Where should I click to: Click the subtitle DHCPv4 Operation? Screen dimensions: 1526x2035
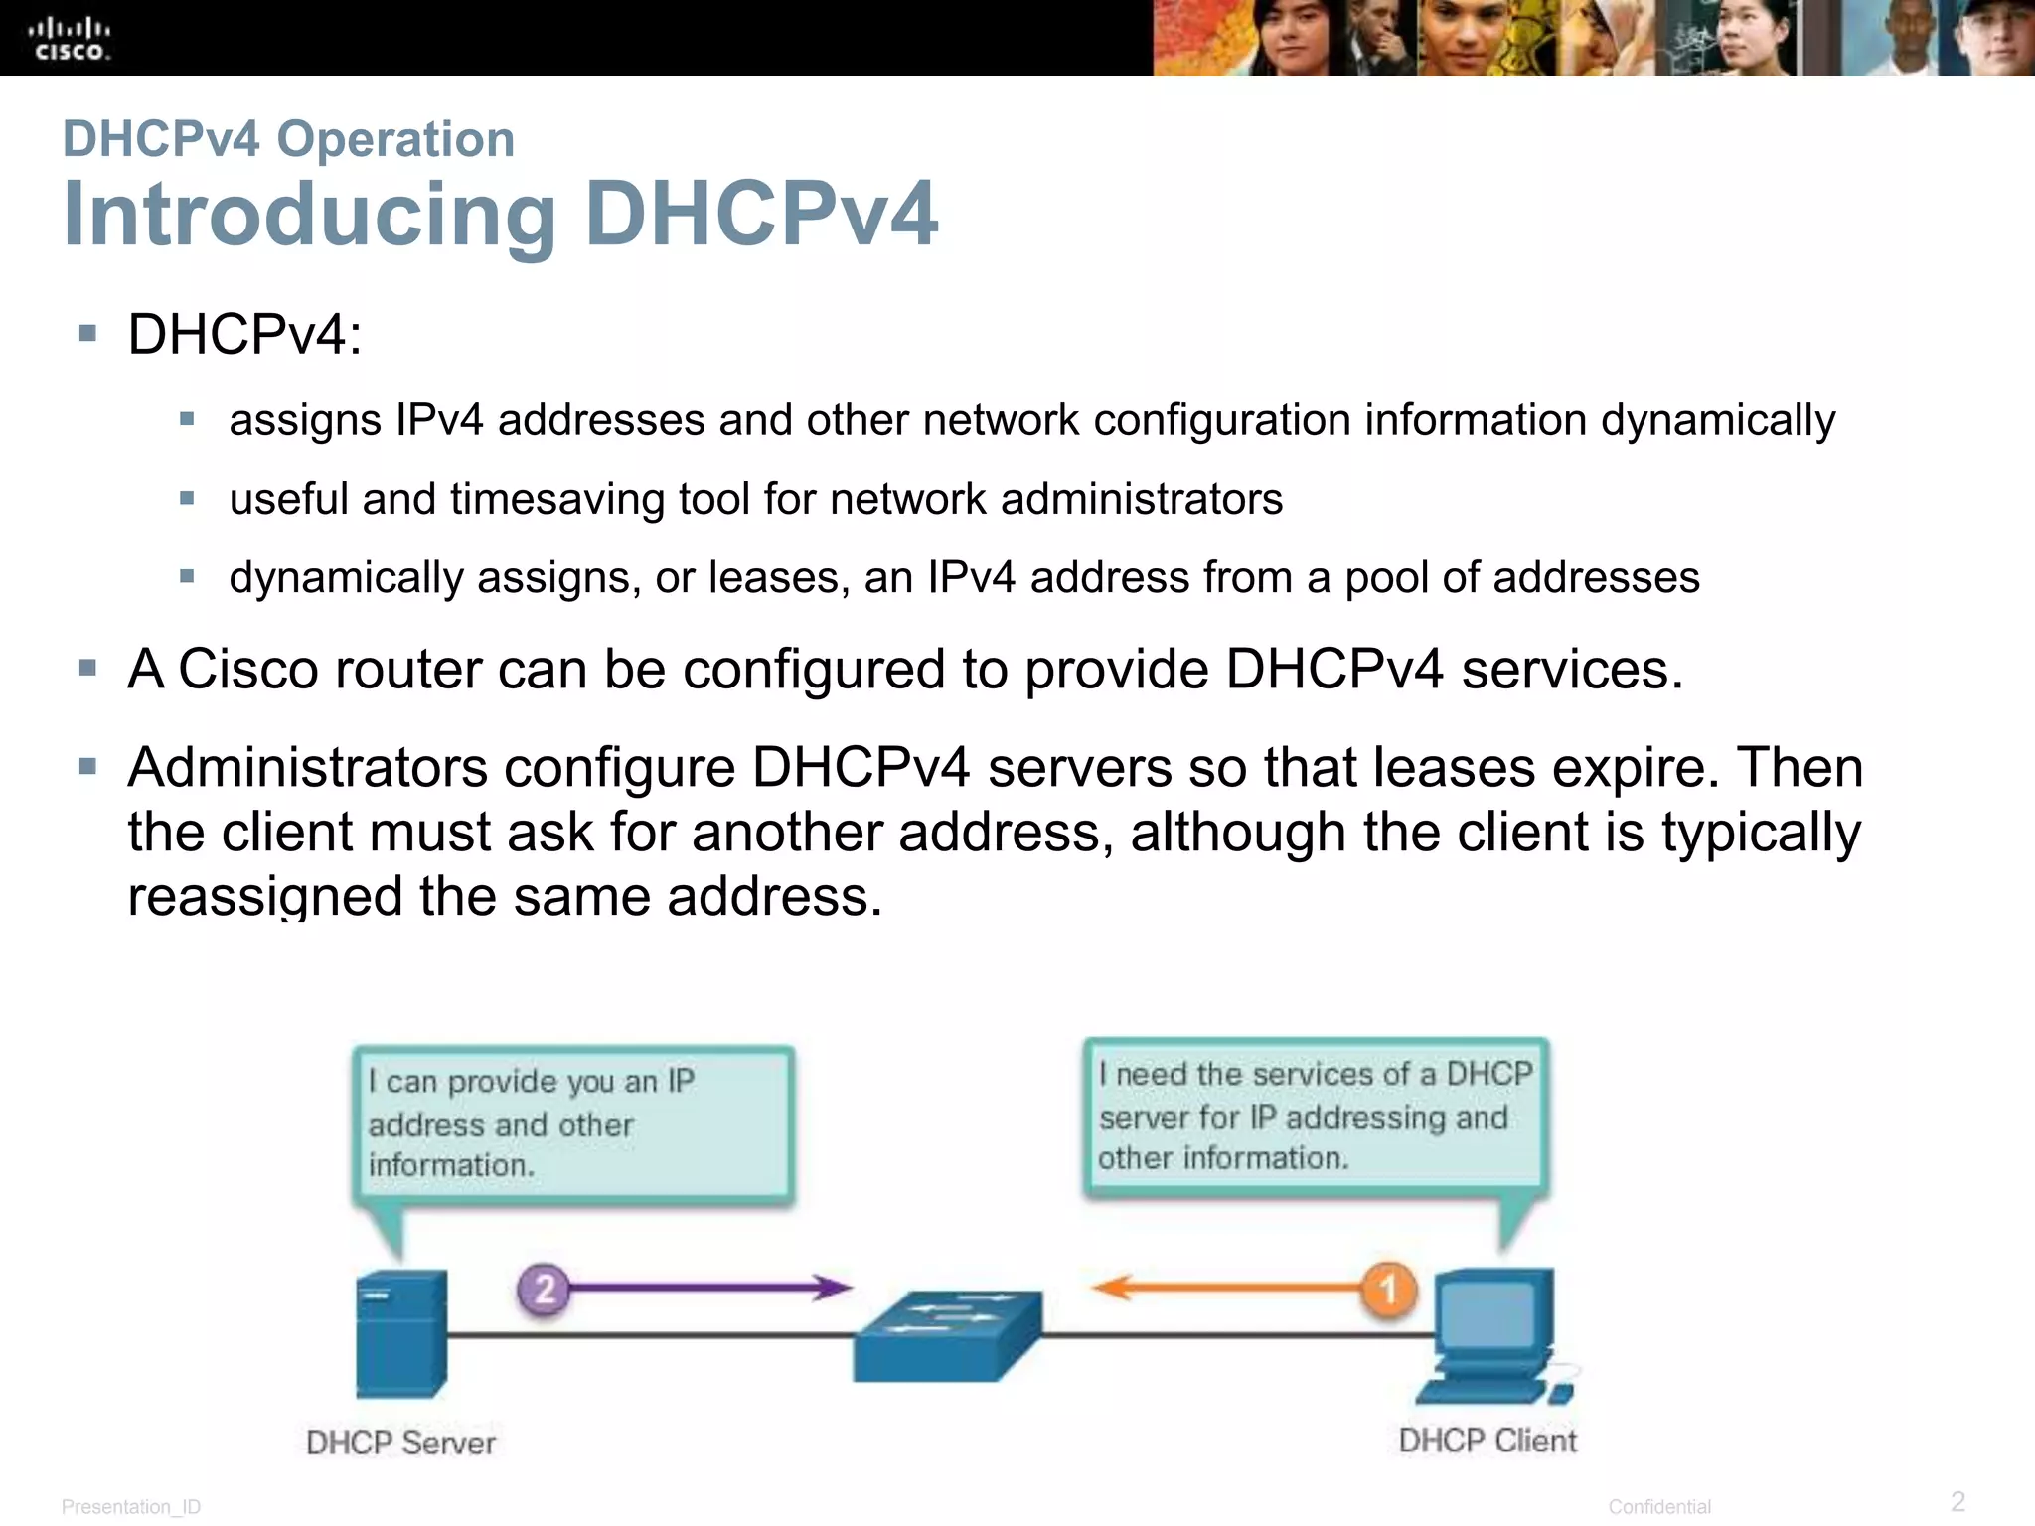coord(288,139)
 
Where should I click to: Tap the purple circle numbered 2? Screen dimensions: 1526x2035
coord(544,1290)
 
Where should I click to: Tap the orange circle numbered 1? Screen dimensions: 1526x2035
coord(1388,1290)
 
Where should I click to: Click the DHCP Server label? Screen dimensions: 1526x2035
coord(400,1443)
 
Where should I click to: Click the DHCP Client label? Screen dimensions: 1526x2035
coord(1487,1441)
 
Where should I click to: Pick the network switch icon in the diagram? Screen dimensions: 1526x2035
coord(948,1335)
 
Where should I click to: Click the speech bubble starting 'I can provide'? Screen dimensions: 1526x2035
coord(573,1125)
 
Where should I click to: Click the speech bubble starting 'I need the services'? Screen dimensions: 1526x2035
coord(1316,1117)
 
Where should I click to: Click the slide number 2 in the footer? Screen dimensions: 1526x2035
coord(1957,1501)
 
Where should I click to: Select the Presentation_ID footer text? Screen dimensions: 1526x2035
coord(131,1507)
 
